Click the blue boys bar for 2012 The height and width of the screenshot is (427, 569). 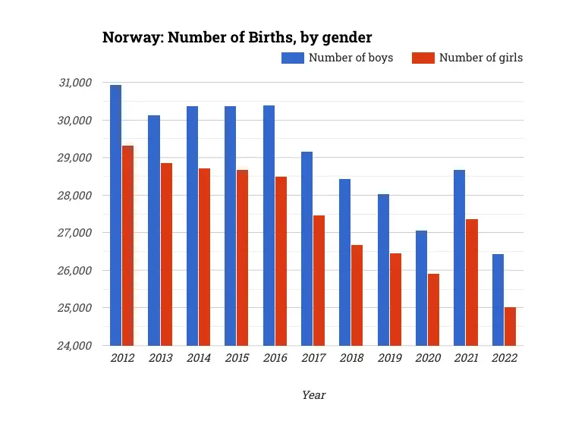(x=115, y=215)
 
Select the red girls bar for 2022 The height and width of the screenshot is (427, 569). (x=511, y=326)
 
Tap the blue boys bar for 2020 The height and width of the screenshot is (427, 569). (x=421, y=288)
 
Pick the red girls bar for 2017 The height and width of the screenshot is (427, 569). (x=319, y=281)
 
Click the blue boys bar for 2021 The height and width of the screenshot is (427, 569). (x=459, y=258)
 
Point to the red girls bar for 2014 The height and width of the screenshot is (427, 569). (x=204, y=257)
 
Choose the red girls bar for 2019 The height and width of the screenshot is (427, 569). (x=395, y=300)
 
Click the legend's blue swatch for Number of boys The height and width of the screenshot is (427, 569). (x=292, y=58)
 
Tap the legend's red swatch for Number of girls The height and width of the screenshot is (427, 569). (x=423, y=58)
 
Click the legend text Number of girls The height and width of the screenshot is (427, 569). (x=481, y=58)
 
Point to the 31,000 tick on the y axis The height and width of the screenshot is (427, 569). (x=75, y=83)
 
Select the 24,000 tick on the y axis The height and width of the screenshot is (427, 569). (x=75, y=346)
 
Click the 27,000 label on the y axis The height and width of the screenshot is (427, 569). (x=75, y=233)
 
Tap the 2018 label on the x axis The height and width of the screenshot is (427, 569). (x=351, y=359)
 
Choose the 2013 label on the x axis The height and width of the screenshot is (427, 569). (x=160, y=359)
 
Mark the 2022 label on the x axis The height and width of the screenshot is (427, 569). (x=505, y=359)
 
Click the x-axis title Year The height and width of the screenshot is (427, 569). (x=313, y=395)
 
